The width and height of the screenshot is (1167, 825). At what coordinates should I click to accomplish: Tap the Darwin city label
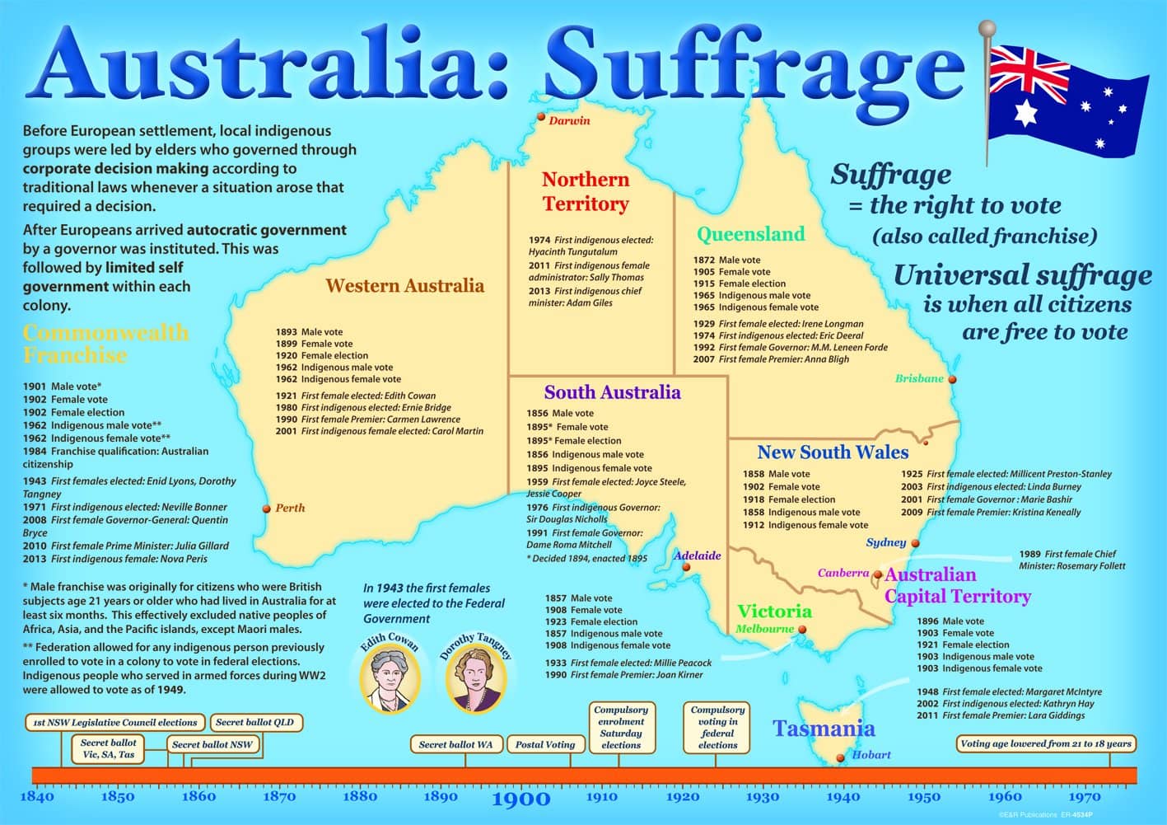(569, 121)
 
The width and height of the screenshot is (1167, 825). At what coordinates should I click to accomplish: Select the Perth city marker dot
(266, 509)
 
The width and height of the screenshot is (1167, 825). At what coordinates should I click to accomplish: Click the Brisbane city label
(919, 379)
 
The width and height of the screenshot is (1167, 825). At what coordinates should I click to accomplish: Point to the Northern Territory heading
(585, 191)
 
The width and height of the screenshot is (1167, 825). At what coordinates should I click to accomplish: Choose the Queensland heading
(750, 234)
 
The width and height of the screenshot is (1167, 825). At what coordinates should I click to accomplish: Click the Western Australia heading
(404, 286)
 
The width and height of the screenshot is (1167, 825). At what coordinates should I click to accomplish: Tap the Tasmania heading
(823, 729)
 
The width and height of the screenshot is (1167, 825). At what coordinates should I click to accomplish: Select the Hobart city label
(871, 755)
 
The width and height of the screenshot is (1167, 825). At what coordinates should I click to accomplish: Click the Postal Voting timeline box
(545, 744)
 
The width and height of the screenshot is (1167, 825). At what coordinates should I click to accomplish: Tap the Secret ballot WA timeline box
(455, 744)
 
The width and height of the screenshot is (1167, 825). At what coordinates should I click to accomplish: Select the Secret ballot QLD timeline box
(256, 722)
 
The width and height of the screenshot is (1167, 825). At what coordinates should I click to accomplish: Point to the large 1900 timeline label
(520, 799)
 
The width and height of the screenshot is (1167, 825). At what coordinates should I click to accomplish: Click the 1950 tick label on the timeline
(924, 797)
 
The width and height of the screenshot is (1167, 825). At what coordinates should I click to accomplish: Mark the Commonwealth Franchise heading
(105, 344)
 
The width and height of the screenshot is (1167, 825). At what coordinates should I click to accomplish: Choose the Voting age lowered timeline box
(1046, 743)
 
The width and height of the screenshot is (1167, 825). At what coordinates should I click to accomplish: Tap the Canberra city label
(843, 573)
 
